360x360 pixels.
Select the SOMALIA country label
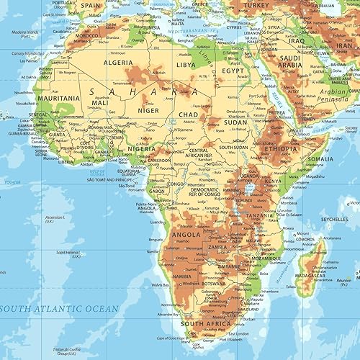tap(320, 159)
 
